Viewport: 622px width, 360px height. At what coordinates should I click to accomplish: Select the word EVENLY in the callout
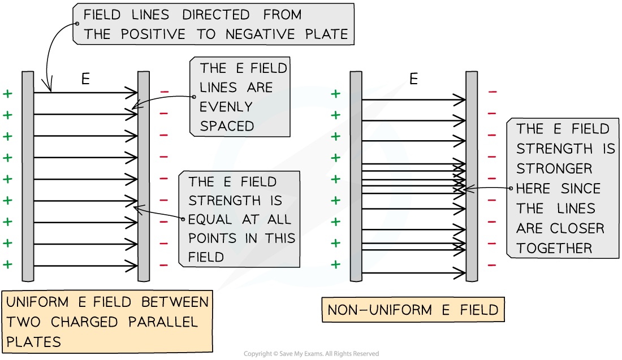226,107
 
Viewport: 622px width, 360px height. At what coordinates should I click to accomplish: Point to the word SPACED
227,126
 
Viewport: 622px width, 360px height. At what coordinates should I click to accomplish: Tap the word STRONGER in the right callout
547,168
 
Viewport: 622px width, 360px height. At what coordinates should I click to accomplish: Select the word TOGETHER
554,248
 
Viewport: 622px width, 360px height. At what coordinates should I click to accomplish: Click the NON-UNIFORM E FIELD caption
413,310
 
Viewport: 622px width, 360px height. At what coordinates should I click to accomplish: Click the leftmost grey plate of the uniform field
28,176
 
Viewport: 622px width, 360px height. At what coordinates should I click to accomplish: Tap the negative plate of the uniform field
144,176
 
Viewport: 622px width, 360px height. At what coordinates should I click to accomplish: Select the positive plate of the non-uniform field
356,176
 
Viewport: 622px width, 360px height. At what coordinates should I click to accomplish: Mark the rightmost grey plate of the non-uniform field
472,176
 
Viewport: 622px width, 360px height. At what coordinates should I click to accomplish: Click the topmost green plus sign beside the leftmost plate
8,94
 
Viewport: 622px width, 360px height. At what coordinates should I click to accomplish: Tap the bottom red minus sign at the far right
492,264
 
